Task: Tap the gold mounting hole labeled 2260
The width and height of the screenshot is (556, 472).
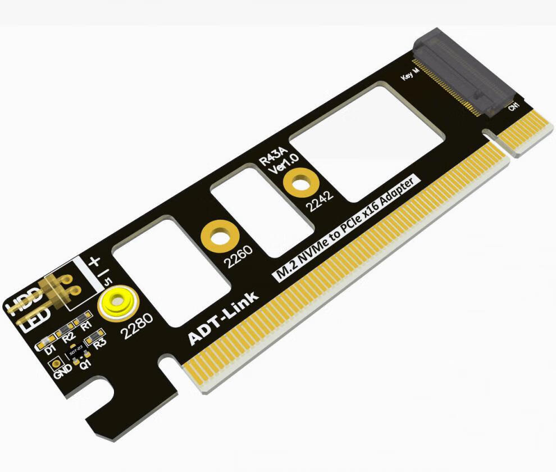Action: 219,237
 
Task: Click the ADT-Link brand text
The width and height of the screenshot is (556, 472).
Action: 224,318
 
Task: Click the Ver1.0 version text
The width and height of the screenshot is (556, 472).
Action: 285,165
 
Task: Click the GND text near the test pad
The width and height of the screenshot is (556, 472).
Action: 63,371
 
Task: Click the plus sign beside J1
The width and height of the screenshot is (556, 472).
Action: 94,261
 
